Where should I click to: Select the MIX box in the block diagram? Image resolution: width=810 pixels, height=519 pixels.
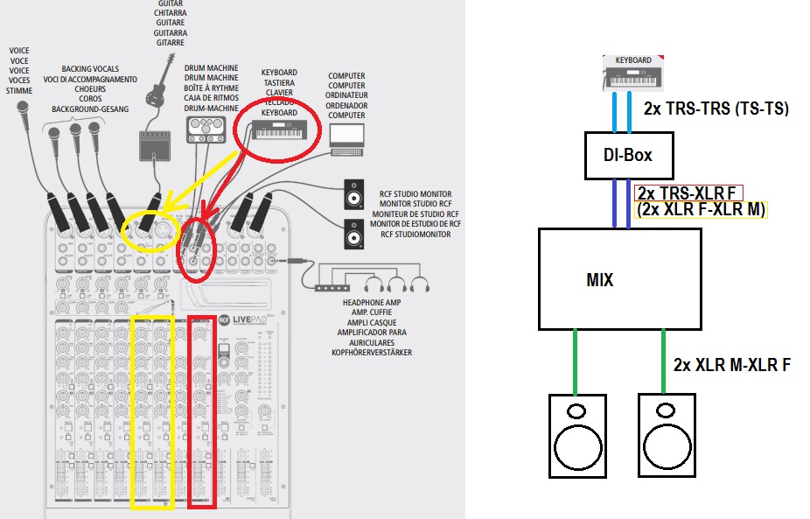(x=618, y=279)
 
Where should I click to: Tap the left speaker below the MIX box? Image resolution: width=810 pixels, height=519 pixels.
(x=576, y=435)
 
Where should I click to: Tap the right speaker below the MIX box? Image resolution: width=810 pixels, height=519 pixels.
(x=667, y=435)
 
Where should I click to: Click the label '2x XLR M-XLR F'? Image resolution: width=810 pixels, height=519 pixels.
(x=732, y=365)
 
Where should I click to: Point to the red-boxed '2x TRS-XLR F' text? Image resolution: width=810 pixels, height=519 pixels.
(x=688, y=193)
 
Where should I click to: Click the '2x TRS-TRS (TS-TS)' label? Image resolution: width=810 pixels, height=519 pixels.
(x=715, y=109)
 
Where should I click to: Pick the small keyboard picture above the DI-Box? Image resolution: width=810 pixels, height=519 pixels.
(x=634, y=74)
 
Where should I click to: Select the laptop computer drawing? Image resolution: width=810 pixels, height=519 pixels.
(x=346, y=139)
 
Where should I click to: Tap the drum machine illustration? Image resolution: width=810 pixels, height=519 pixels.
(x=206, y=129)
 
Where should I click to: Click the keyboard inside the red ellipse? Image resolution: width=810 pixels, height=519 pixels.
(x=281, y=132)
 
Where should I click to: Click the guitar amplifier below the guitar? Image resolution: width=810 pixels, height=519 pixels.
(x=154, y=145)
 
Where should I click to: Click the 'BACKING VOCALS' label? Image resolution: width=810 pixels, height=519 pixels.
(x=89, y=69)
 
